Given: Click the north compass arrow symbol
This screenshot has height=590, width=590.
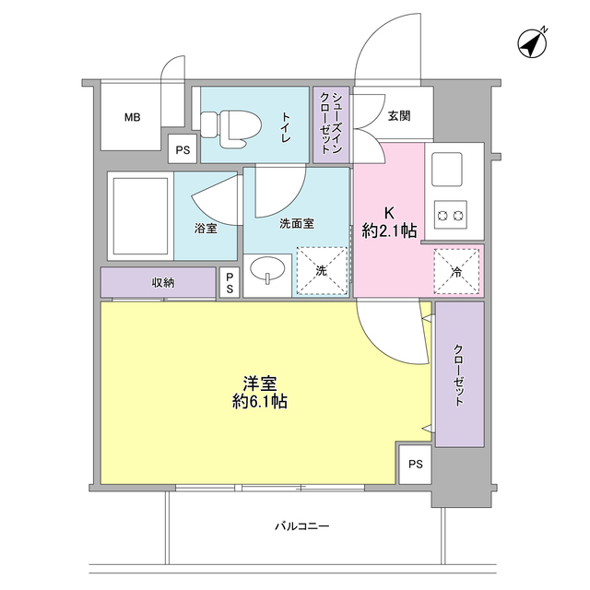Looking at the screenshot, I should pos(532,43).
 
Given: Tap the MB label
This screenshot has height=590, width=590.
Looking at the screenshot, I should pos(133,117).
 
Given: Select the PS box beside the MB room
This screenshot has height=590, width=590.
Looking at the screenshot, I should pos(182,148).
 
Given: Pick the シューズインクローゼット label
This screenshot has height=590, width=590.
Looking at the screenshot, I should pos(331,124).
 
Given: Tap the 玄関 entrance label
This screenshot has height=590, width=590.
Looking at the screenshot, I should pos(398,116).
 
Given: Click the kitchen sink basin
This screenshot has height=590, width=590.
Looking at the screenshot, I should pos(450,167).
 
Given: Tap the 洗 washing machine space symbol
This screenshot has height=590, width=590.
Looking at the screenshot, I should pos(322,272).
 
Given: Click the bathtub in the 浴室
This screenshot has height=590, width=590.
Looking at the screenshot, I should pos(140,217).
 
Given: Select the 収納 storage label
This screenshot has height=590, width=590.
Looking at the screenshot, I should pos(162,282).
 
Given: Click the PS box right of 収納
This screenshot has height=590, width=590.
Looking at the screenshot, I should pos(230,282).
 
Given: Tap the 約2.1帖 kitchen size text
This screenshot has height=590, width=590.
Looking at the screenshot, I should pos(388,231).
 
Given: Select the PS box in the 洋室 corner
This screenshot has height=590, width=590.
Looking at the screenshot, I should pos(415,464).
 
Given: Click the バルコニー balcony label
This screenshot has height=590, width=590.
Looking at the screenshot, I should pos(301,526).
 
